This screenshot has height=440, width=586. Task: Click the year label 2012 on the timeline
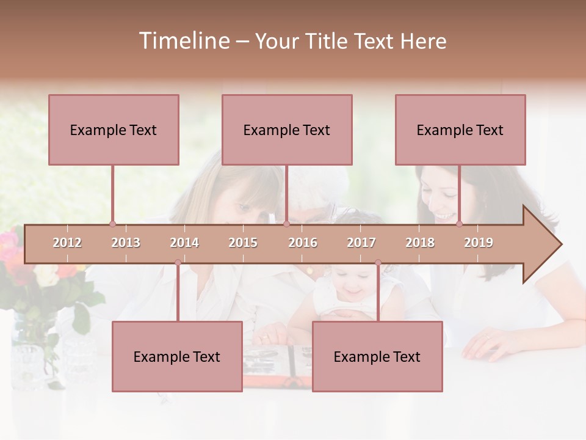point(67,243)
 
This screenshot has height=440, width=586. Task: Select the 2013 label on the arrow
point(126,243)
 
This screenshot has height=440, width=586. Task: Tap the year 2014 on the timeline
point(184,243)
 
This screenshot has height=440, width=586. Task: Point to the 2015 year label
point(243,243)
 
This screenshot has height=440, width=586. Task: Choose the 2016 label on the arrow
point(303,243)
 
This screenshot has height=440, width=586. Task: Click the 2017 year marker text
point(361,243)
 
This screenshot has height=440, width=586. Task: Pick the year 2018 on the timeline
point(420,243)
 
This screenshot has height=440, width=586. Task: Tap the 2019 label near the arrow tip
point(479,243)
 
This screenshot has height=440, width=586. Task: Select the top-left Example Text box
point(114,130)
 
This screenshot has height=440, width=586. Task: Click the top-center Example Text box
point(287,130)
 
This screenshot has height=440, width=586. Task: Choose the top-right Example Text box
point(460,130)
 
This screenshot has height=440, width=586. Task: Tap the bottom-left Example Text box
point(177,356)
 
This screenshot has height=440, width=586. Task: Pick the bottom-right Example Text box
point(377,356)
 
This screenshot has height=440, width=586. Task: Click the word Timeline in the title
point(183,41)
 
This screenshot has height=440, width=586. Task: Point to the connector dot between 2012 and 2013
point(112,224)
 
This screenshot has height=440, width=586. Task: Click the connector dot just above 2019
point(459,224)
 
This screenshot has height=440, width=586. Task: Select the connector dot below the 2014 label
point(178,263)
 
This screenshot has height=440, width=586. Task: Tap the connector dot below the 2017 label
point(378,263)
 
